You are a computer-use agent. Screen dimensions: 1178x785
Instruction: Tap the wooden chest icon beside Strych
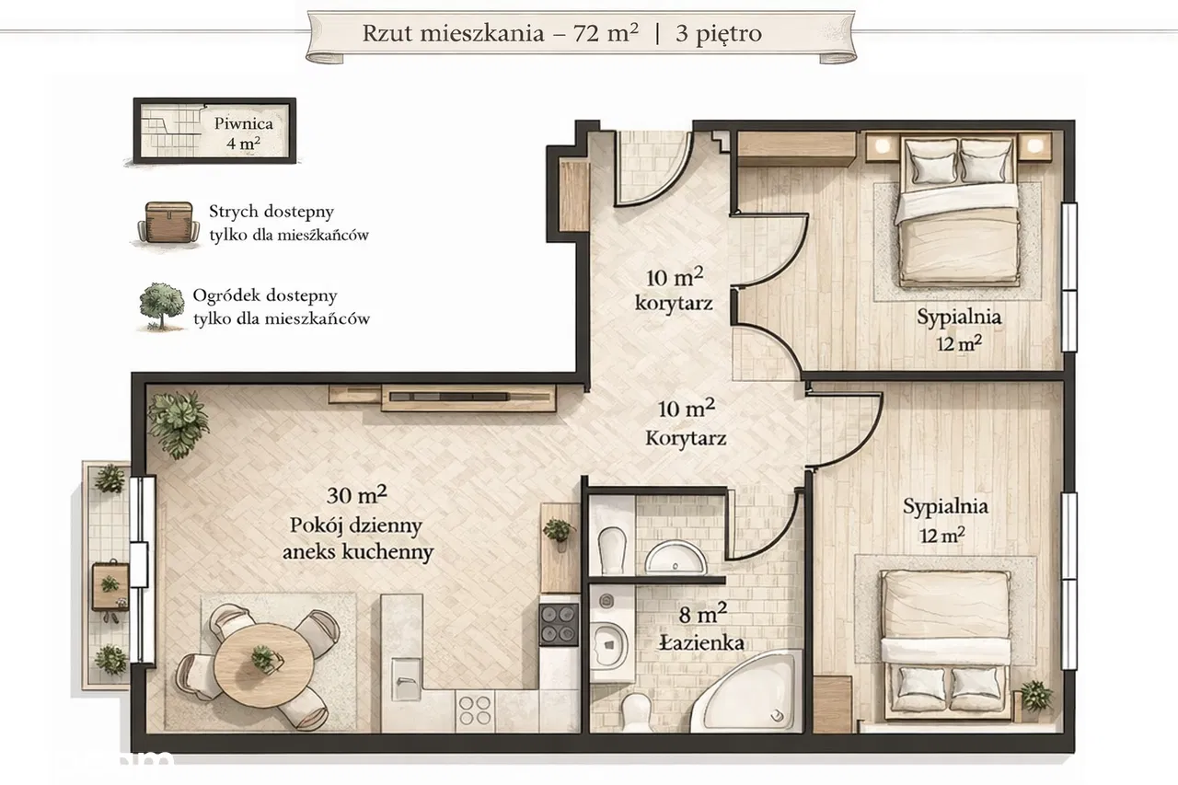[168, 223]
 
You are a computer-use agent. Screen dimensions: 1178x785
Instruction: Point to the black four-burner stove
[559, 624]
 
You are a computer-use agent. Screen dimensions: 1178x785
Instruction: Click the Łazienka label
[701, 642]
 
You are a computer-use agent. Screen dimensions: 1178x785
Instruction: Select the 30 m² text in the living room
[356, 494]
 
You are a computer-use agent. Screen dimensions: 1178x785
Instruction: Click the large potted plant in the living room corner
[178, 423]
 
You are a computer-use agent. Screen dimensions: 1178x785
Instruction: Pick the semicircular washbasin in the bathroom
[676, 558]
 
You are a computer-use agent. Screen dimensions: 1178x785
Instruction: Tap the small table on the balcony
[110, 586]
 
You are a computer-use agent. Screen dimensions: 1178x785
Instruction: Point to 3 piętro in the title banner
[719, 34]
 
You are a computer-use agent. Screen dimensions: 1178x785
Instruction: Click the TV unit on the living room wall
[468, 398]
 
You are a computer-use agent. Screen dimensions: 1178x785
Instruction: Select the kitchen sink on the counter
[407, 678]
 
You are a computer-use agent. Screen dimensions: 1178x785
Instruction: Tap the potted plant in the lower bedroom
[1036, 696]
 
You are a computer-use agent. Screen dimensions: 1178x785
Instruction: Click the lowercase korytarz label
[674, 304]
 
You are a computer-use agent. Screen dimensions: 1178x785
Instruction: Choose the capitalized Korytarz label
[686, 438]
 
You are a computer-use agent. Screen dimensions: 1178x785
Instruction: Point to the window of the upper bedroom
[1068, 277]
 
